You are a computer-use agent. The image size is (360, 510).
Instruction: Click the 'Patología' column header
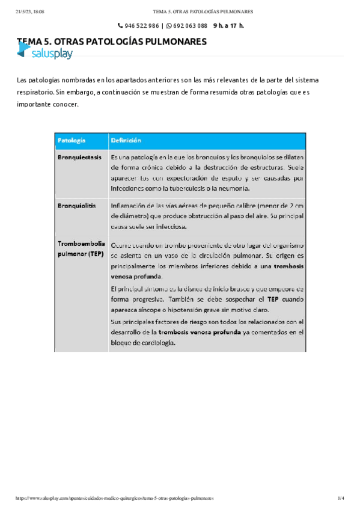click(72, 140)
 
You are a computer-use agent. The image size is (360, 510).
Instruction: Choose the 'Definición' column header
click(126, 140)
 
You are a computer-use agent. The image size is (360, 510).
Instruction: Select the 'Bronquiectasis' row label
click(79, 156)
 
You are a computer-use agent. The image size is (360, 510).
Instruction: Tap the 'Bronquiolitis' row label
click(76, 206)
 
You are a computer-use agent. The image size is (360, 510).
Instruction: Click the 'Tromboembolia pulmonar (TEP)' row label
click(81, 250)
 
